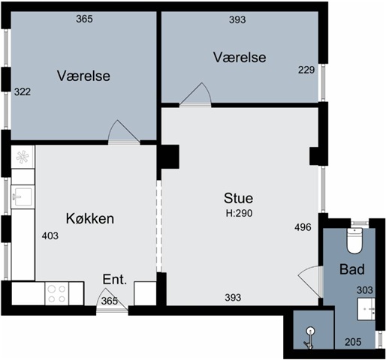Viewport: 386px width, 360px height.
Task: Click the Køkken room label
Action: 90,218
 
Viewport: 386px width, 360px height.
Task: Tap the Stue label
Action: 238,198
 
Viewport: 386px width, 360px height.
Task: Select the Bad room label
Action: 352,269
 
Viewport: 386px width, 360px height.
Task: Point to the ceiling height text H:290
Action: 239,213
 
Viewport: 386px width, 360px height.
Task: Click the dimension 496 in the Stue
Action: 303,227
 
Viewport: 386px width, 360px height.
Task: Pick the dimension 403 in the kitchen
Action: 50,235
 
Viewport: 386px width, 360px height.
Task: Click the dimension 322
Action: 23,91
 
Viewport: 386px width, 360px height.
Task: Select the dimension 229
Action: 306,70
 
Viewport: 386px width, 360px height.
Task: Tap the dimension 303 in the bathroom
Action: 365,290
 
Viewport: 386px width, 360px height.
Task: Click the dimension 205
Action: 353,342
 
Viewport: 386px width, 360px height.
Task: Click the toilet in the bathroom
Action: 354,241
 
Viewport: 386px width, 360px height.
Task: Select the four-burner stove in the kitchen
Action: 57,293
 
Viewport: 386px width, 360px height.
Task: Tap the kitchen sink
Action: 23,196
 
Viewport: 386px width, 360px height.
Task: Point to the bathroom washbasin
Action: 366,309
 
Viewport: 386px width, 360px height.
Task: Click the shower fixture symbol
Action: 309,338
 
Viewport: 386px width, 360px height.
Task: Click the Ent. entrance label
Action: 115,280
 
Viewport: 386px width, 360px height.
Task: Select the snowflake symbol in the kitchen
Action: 23,157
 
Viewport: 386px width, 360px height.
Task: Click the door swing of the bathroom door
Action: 309,281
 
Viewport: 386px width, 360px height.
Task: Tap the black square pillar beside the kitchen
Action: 170,157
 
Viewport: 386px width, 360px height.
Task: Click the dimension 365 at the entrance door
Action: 110,301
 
